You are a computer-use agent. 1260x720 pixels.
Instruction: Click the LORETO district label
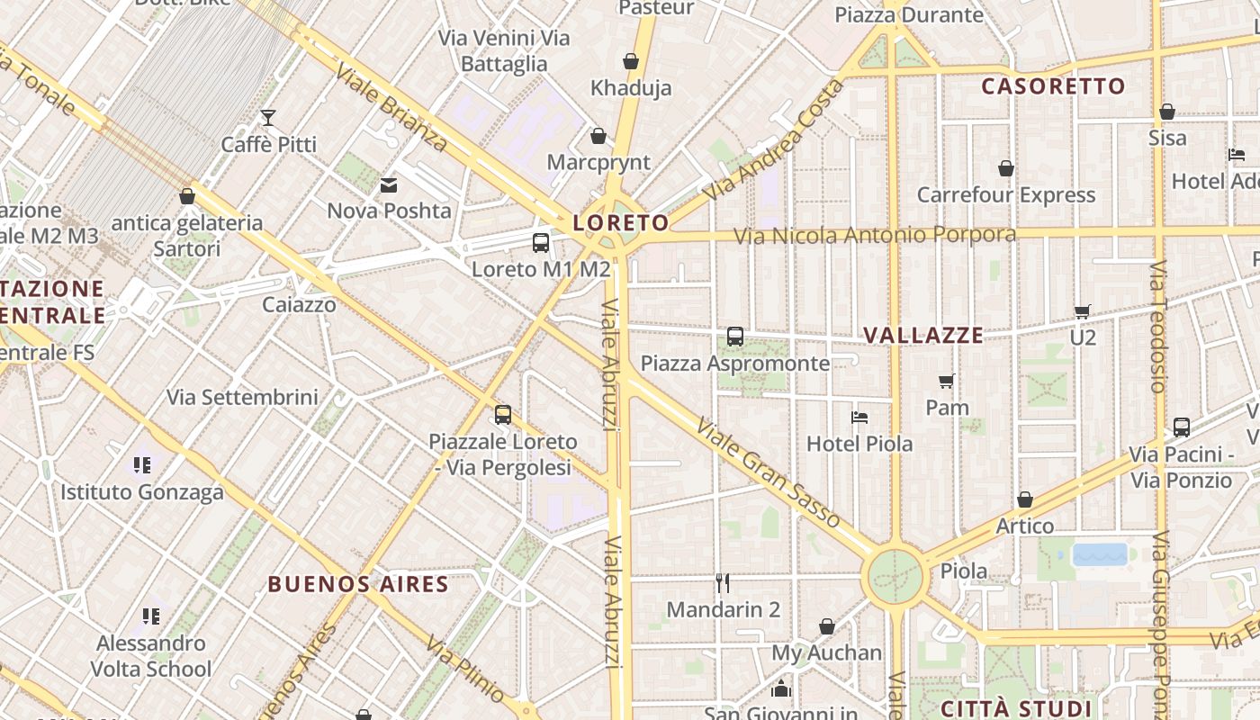[621, 222]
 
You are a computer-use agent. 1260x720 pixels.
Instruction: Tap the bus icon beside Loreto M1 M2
[541, 242]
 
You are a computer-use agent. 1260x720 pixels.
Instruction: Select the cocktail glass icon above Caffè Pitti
[268, 117]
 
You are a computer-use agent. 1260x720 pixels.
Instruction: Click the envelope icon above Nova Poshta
[389, 185]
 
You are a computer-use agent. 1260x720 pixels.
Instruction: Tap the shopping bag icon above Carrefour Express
[1006, 168]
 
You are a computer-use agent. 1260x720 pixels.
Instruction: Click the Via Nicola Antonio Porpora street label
[875, 236]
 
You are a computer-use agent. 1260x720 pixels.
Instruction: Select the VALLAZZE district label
[923, 335]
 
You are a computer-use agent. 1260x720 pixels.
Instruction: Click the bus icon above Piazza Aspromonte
[735, 337]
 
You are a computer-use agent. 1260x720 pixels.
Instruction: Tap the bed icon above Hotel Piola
[859, 418]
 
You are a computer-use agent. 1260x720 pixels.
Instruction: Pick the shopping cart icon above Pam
[947, 381]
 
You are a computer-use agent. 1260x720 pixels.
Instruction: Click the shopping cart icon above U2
[1083, 311]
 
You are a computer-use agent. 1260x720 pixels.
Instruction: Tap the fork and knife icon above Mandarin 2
[723, 582]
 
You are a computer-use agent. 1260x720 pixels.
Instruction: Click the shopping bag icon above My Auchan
[827, 626]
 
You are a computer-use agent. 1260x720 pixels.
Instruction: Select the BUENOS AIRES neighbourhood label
[358, 584]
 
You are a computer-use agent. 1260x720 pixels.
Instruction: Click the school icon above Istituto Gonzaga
[142, 465]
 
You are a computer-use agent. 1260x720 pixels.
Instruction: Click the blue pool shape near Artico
[1100, 554]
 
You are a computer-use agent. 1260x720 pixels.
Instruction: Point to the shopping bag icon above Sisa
[1167, 112]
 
